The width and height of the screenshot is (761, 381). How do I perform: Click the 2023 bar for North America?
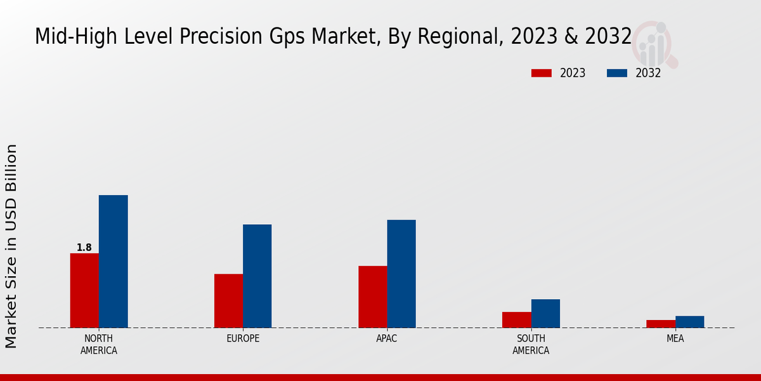coord(84,290)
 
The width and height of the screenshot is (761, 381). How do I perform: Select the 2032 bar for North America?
coord(113,261)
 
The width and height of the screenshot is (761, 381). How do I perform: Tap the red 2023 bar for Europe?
coord(228,300)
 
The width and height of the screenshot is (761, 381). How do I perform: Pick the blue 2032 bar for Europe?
coord(257,276)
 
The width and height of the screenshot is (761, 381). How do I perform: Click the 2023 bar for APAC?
coord(372,297)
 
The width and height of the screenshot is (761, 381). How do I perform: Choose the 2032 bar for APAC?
coord(401,274)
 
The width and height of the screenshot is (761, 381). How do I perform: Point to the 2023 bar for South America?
coord(516,319)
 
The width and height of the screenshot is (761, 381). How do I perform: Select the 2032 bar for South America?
coord(545,313)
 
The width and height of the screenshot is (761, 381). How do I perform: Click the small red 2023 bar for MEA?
coord(661,324)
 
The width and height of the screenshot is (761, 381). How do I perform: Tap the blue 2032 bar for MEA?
coord(689,322)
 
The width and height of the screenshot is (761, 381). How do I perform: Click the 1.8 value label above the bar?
coord(84,248)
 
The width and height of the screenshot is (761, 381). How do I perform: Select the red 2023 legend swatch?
coord(542,73)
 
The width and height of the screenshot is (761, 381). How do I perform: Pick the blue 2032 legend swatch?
coord(617,73)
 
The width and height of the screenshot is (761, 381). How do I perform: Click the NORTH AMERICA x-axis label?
coord(99,344)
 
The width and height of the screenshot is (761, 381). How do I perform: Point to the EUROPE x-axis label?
coord(243,338)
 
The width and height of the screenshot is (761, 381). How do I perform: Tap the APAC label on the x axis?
coord(387,338)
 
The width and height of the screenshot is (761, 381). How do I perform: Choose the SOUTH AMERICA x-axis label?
coord(531,344)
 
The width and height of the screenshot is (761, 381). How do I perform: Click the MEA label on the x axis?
coord(675,338)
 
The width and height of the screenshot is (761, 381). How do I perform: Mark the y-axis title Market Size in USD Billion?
coord(11,246)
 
